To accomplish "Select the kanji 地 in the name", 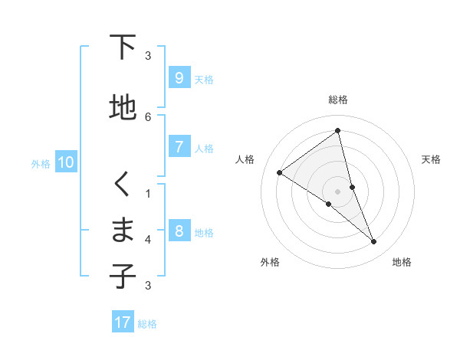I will pyautogui.click(x=123, y=108).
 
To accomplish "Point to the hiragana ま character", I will pyautogui.click(x=123, y=230).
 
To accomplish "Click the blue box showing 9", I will pyautogui.click(x=179, y=78).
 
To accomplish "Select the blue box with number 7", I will pyautogui.click(x=179, y=148).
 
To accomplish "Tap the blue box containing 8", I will pyautogui.click(x=179, y=232).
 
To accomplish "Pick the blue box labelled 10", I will pyautogui.click(x=65, y=162).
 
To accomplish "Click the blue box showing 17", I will pyautogui.click(x=123, y=322).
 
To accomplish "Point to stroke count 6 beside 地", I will pyautogui.click(x=148, y=117).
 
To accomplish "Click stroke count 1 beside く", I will pyautogui.click(x=148, y=193).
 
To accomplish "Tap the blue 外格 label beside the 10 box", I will pyautogui.click(x=41, y=163).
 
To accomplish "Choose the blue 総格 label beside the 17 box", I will pyautogui.click(x=147, y=324).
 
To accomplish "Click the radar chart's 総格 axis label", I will pyautogui.click(x=337, y=100).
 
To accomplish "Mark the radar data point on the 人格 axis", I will pyautogui.click(x=280, y=173).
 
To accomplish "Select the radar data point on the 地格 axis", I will pyautogui.click(x=374, y=242).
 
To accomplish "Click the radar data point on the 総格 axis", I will pyautogui.click(x=337, y=131).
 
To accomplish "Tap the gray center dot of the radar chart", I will pyautogui.click(x=337, y=191).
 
